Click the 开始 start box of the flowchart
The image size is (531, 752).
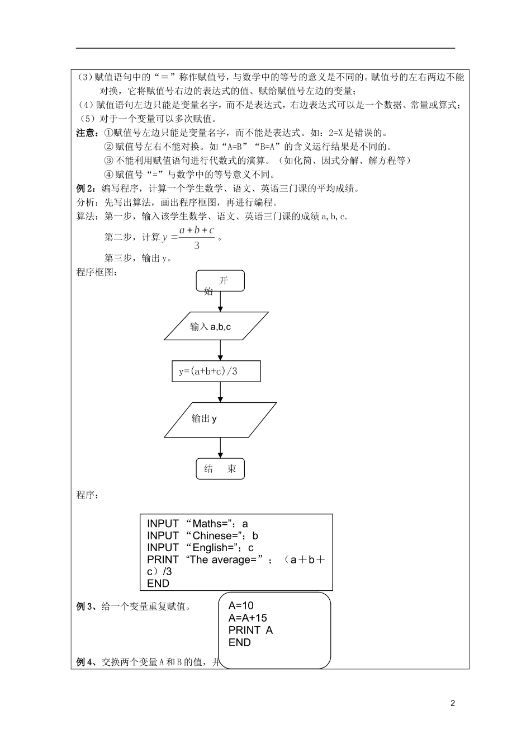pos(220,281)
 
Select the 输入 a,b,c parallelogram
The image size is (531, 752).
pos(216,326)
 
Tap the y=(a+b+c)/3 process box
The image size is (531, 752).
pos(216,372)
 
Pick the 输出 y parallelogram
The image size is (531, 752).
pos(220,419)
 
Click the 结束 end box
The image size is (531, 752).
pos(220,469)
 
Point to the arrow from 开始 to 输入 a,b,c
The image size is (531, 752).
pos(220,302)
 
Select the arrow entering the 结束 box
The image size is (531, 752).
pos(220,448)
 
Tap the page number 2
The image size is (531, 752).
pos(453,703)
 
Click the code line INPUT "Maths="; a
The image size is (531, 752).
pos(197,524)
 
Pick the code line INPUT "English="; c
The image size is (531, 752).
pos(200,548)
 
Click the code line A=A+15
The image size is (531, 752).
pos(248,618)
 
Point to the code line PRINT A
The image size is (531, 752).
pos(250,630)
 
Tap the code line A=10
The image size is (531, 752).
pos(241,605)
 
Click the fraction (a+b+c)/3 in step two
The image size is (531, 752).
pos(197,238)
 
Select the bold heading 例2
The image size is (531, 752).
pos(86,189)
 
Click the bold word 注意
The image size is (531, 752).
pos(86,133)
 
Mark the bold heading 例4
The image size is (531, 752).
pos(86,662)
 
